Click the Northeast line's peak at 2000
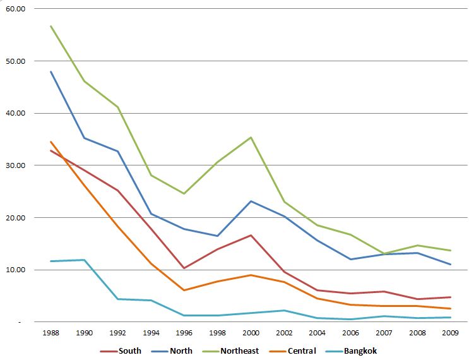tap(251, 137)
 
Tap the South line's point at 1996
tap(184, 268)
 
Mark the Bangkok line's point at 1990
tap(84, 260)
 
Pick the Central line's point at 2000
tap(251, 275)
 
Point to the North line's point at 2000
tap(251, 201)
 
